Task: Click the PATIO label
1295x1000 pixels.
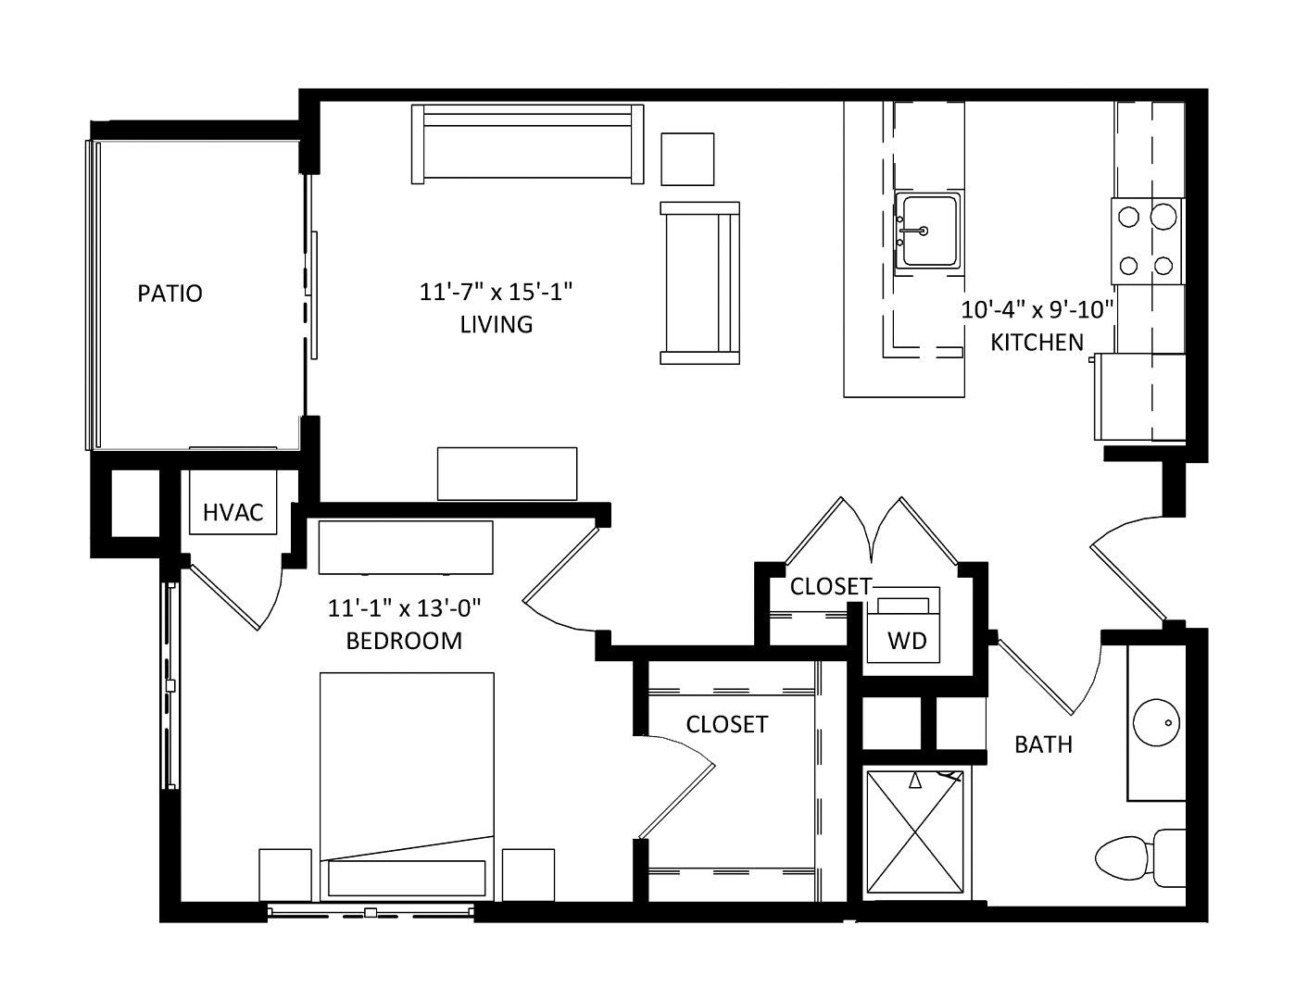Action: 170,293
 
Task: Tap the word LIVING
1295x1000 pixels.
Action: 497,325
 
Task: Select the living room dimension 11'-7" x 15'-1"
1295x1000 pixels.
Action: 496,293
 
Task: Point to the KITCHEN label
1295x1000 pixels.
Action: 1037,343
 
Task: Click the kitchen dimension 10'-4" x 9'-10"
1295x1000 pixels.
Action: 1037,310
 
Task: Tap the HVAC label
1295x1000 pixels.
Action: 233,512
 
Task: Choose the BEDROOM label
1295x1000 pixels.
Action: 404,641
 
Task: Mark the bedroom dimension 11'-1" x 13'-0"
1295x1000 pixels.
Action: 404,608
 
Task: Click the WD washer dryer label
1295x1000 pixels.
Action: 907,641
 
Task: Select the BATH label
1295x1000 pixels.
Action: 1044,744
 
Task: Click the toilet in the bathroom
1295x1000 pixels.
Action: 1139,858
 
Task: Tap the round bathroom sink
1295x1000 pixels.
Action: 1156,723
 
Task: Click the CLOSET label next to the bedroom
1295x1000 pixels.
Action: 726,724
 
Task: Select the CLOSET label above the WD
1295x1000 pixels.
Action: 831,587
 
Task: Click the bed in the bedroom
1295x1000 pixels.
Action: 407,786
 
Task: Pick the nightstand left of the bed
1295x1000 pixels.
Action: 285,874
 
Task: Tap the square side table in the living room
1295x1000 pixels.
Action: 687,159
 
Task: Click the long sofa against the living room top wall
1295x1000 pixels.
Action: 527,144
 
